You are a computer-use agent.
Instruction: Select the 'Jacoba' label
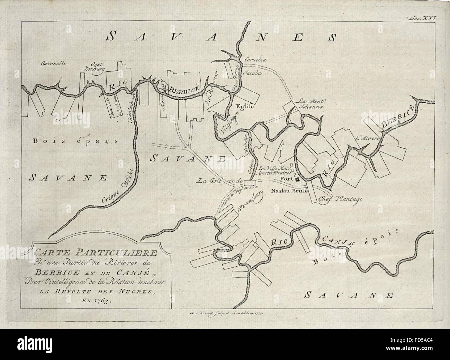pos(253,73)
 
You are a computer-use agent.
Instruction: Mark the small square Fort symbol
pos(297,179)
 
